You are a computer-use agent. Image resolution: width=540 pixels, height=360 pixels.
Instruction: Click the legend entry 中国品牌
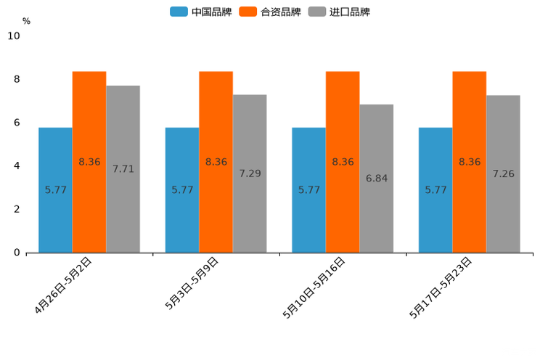201,12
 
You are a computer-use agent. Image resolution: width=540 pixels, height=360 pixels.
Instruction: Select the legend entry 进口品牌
339,12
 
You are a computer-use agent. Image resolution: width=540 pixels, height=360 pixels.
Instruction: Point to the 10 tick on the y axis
14,36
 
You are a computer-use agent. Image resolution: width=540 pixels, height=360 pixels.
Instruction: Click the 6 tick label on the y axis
17,123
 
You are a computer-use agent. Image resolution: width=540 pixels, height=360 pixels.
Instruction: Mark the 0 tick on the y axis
17,253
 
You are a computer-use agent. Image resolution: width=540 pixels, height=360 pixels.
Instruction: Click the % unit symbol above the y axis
26,21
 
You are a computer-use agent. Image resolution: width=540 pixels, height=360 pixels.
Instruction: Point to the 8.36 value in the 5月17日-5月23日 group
470,162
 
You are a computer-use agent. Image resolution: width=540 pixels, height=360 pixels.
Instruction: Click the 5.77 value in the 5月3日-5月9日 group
182,190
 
